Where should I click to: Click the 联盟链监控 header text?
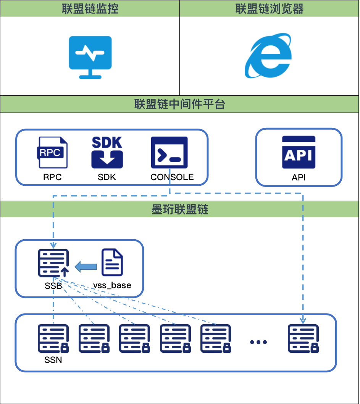(x=89, y=9)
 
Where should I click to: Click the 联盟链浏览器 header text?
(x=270, y=9)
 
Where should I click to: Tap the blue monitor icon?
(x=90, y=57)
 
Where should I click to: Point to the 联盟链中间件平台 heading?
(x=179, y=105)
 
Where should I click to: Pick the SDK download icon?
(x=107, y=153)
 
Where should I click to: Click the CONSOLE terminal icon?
(x=170, y=153)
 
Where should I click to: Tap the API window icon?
(x=299, y=152)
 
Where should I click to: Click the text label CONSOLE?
(x=172, y=177)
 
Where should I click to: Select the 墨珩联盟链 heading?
(x=179, y=210)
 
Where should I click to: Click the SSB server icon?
(x=53, y=263)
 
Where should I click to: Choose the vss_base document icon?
(x=112, y=263)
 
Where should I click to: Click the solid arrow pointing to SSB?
(x=86, y=266)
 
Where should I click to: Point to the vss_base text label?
(x=112, y=285)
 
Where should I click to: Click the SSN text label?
(x=53, y=359)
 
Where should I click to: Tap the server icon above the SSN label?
(x=53, y=339)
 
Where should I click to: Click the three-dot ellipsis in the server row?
(x=258, y=342)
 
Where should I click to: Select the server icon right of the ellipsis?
(x=303, y=339)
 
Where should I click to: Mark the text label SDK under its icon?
(x=107, y=177)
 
